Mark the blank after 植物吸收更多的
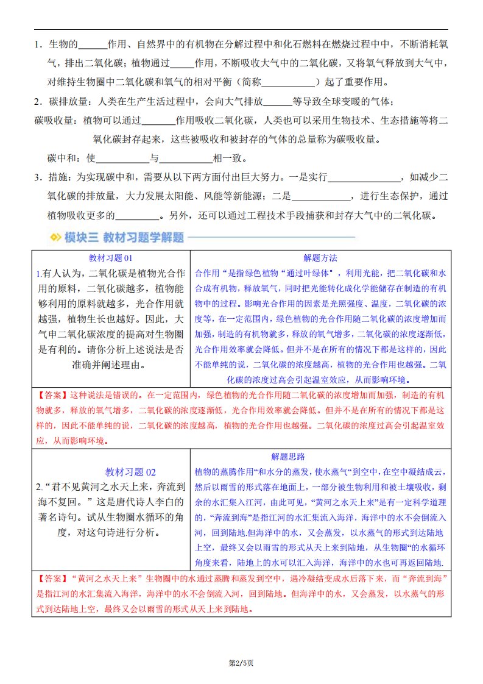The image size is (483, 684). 136,216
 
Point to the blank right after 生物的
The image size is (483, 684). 93,45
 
